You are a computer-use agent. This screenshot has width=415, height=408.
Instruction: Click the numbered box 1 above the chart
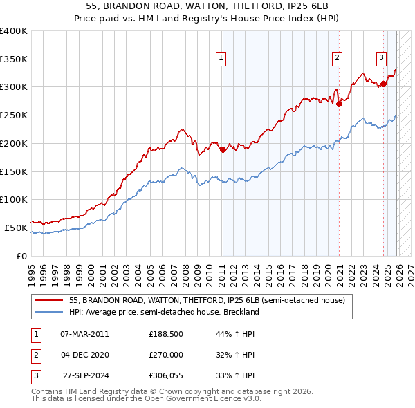click(x=221, y=59)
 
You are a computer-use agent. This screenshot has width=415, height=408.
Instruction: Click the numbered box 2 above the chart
click(x=337, y=59)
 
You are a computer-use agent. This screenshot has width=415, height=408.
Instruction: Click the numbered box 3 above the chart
click(x=381, y=58)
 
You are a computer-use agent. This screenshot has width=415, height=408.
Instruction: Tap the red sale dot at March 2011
click(x=223, y=149)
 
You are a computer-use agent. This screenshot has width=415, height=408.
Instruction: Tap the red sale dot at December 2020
click(x=340, y=104)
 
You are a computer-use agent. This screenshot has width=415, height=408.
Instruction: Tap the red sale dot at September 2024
click(x=383, y=84)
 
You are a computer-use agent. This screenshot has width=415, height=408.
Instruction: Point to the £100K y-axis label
click(x=14, y=199)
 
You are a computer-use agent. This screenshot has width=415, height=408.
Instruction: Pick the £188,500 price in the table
click(x=165, y=334)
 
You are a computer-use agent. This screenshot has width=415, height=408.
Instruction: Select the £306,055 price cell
click(x=165, y=375)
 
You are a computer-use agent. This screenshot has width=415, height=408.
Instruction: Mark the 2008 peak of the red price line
click(x=181, y=129)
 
